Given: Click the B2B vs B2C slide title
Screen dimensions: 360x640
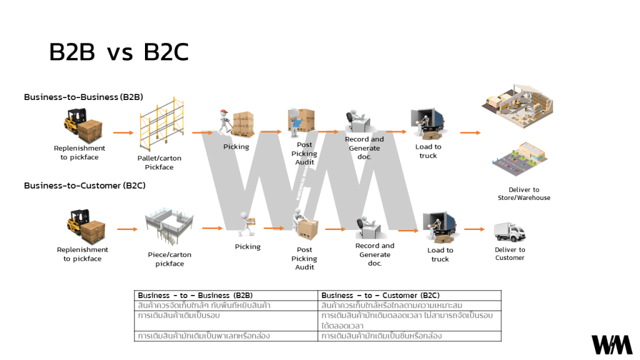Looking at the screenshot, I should [x=119, y=53].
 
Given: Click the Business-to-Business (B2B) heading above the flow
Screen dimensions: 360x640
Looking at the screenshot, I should [x=84, y=97].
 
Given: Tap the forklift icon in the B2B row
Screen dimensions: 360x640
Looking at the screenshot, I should [x=82, y=126].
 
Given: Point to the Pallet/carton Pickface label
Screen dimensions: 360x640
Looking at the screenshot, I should [x=159, y=162].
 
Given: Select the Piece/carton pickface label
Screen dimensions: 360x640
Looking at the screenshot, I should [x=169, y=259].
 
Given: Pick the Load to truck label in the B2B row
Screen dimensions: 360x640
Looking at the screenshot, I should [x=428, y=151].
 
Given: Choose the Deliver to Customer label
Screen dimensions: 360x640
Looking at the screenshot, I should [x=510, y=254].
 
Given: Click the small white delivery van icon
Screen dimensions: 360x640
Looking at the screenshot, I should [x=509, y=231].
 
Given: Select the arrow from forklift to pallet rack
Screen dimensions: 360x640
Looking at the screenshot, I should [x=123, y=132].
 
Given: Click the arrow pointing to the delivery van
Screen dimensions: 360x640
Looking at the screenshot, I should [x=474, y=229].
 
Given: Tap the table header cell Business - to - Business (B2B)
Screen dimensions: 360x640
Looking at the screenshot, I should [x=226, y=295].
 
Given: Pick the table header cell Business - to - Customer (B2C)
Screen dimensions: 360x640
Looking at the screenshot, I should [x=410, y=295].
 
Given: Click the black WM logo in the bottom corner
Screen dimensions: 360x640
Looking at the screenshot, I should [x=612, y=344].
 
